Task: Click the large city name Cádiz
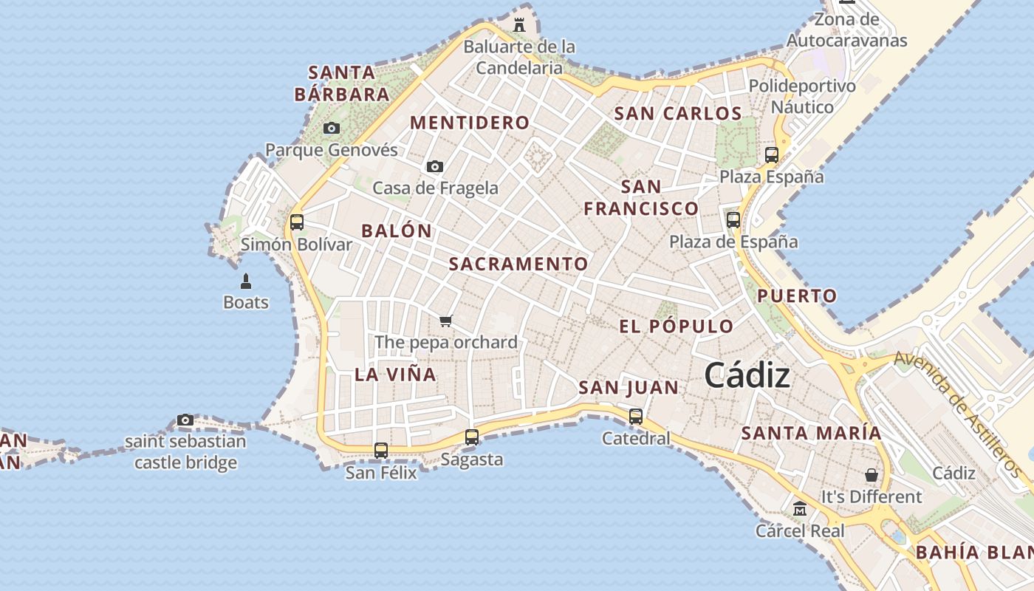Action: coord(747,375)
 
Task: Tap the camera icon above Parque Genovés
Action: coord(332,128)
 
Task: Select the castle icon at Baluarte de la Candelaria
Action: coord(519,24)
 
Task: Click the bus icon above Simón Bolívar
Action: coord(297,222)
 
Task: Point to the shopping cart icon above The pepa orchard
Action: coord(445,320)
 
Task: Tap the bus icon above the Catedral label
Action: coord(636,416)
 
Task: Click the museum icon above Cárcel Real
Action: coord(800,508)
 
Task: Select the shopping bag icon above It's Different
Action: coord(872,474)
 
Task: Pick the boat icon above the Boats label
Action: coord(246,281)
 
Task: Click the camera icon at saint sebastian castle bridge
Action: coord(185,420)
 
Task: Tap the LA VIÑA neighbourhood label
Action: coord(395,374)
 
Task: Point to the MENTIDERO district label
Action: coord(470,123)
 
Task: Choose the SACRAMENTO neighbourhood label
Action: coord(518,264)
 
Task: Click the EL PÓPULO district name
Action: coord(677,327)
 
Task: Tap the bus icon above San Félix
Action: coord(381,450)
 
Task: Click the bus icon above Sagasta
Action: coord(472,437)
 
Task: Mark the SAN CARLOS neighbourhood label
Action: coord(677,113)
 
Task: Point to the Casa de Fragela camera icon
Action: coord(435,166)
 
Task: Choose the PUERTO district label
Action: coord(798,296)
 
